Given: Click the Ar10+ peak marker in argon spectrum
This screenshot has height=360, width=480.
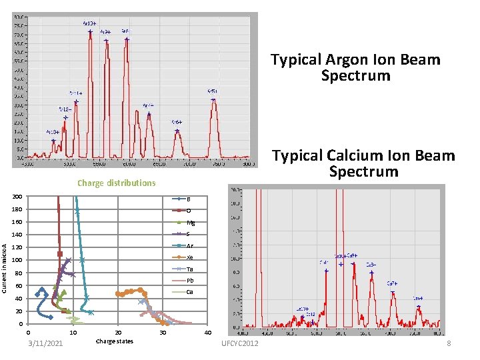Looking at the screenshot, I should [x=90, y=31].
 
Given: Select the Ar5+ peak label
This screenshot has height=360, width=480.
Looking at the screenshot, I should [x=212, y=91].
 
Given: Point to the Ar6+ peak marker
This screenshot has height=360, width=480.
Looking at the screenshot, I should [x=177, y=131].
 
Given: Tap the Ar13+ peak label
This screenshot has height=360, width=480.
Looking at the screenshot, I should [x=53, y=132].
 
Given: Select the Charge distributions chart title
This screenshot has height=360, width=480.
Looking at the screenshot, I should [x=116, y=183].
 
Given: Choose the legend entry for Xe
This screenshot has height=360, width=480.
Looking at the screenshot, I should [x=189, y=257].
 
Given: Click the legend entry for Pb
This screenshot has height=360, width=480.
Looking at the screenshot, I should [x=190, y=281].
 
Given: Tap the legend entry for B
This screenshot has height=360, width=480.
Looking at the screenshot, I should [x=189, y=199].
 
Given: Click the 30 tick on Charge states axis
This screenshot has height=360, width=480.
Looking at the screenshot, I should [x=163, y=333].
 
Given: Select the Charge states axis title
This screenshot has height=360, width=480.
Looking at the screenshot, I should [x=115, y=341].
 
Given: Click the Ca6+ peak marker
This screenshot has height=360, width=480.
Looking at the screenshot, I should [x=418, y=307].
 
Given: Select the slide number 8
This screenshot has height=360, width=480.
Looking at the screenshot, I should [x=449, y=343].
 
